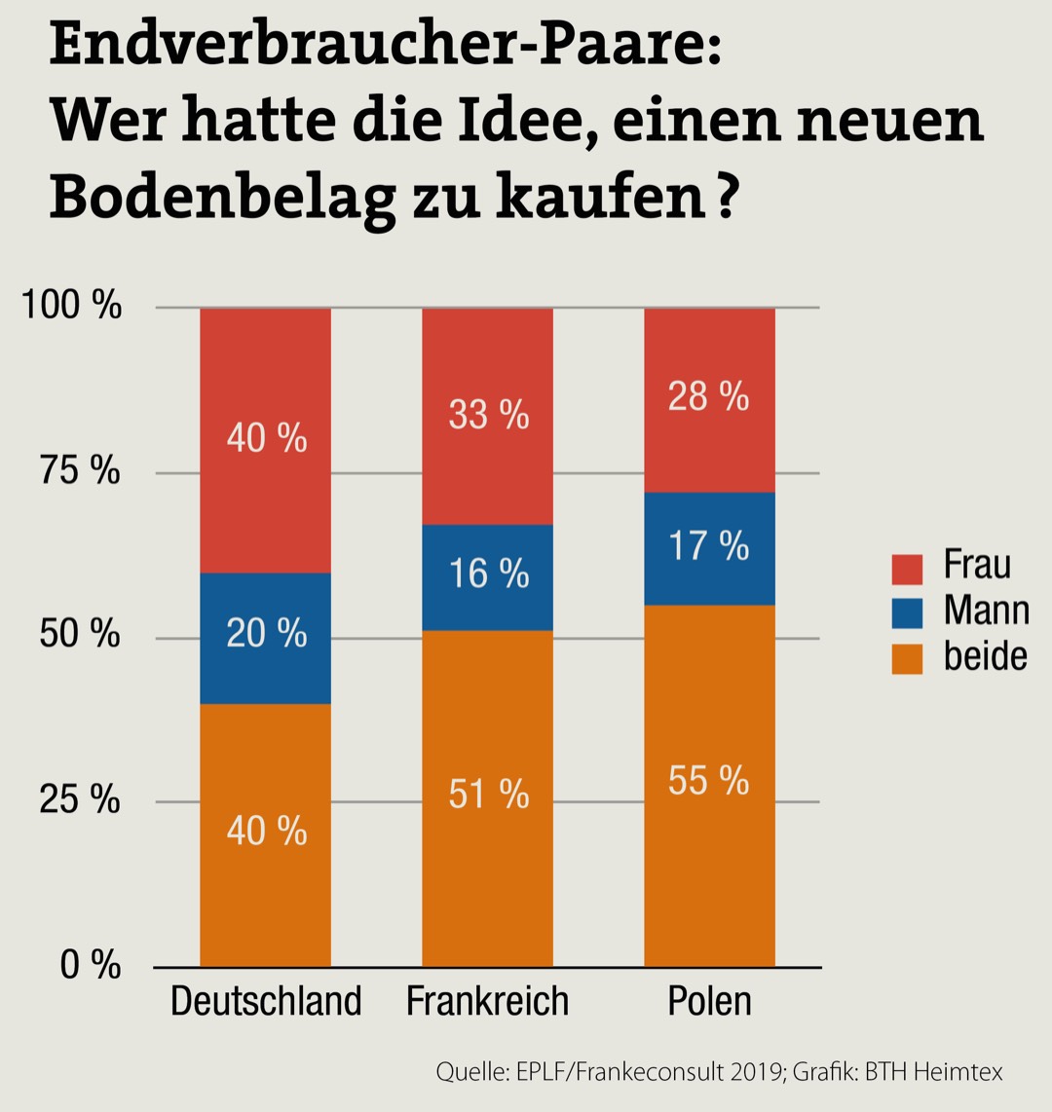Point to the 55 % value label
click(709, 781)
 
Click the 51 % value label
click(489, 795)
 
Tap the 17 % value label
click(709, 546)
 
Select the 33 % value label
click(489, 416)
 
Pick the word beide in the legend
click(985, 657)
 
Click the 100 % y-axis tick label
click(73, 307)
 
